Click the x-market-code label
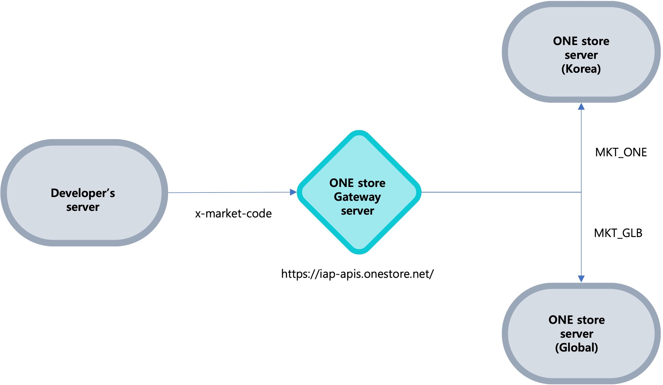233,214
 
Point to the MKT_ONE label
621,152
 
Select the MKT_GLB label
618,233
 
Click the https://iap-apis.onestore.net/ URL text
357,274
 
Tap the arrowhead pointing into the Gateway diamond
293,192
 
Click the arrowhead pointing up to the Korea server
581,107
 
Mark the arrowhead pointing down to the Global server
581,278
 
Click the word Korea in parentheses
581,69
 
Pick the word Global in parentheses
576,347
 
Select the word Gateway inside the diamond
357,197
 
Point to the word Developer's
83,193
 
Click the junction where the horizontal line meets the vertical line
581,192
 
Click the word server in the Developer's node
83,207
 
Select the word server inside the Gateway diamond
357,211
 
